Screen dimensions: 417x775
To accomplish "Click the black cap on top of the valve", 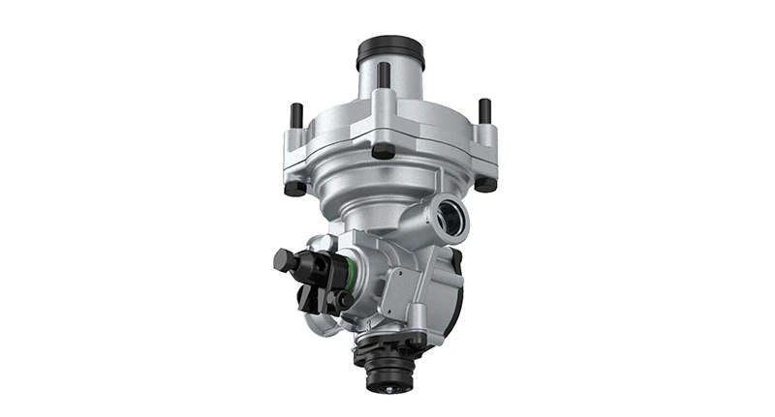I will tap(390, 51).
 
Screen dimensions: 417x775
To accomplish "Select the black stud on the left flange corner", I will tap(296, 115).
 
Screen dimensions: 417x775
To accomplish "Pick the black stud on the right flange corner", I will tap(484, 110).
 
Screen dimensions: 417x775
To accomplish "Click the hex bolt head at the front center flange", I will tap(384, 151).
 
